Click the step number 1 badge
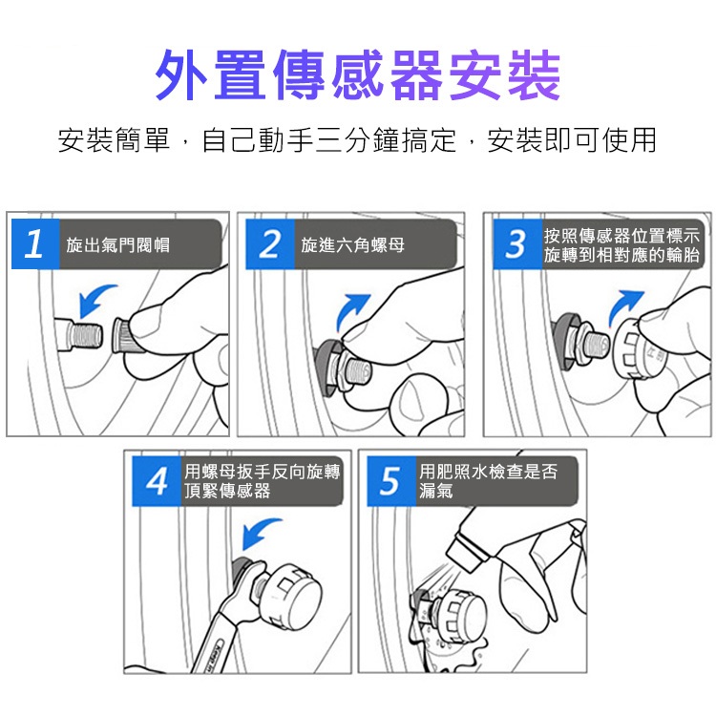click(x=35, y=243)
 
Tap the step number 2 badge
click(x=270, y=243)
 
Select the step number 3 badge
click(x=517, y=243)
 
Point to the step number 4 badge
click(x=157, y=481)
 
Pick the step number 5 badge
click(x=391, y=481)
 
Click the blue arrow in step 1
click(x=94, y=298)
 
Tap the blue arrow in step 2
click(x=350, y=310)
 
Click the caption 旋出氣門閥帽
click(x=117, y=245)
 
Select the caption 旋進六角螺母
click(x=352, y=245)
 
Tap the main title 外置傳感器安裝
click(x=358, y=74)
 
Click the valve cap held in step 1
click(x=123, y=336)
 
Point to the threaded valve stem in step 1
click(x=79, y=336)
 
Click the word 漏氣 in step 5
click(x=436, y=491)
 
